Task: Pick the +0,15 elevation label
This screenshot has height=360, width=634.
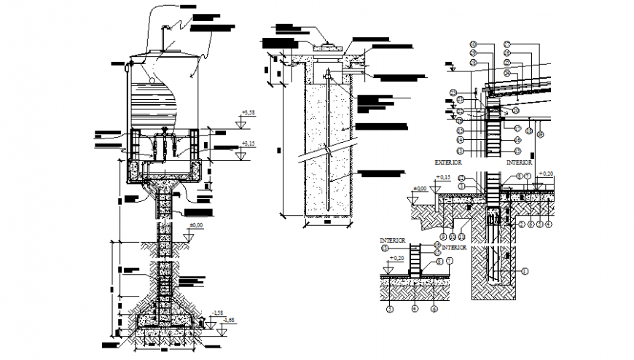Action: point(442,177)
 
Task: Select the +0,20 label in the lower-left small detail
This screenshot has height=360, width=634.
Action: point(397,258)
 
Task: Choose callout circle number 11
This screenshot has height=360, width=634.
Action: point(461,237)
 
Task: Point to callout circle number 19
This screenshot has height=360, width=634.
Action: point(541,134)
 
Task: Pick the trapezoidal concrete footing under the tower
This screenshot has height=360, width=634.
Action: point(167,319)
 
